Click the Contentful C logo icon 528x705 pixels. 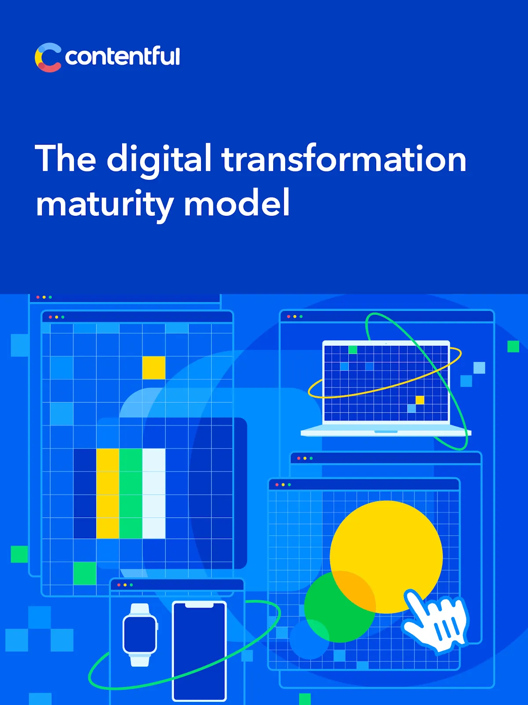[x=48, y=57]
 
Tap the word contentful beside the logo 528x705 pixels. [x=122, y=56]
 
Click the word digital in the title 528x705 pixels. [x=159, y=160]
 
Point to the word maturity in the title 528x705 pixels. [x=104, y=204]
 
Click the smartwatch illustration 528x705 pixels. [x=140, y=634]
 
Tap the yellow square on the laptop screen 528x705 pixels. [x=420, y=400]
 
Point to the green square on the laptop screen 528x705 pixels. [x=353, y=349]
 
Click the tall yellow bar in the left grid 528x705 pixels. [x=107, y=493]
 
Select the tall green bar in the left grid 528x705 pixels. [x=131, y=493]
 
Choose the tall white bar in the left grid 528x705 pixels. [x=154, y=493]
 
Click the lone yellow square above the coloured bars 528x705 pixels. [x=154, y=367]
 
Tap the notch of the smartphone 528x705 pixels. [x=199, y=605]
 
